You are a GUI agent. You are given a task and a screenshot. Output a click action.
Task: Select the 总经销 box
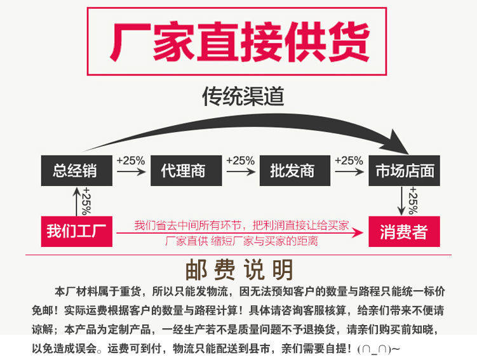[x=75, y=171]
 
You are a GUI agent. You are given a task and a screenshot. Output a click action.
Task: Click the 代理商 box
[x=185, y=171]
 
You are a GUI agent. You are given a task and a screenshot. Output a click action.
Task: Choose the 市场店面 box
[x=405, y=171]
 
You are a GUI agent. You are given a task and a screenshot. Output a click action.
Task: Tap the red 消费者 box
[x=403, y=232]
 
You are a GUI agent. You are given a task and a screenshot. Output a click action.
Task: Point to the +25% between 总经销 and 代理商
[x=131, y=161]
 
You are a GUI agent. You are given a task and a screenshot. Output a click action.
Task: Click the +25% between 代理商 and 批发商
[x=240, y=161]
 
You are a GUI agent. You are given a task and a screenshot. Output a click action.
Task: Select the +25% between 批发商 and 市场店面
[x=349, y=161]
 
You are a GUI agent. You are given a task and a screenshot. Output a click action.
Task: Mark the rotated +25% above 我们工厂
[x=86, y=201]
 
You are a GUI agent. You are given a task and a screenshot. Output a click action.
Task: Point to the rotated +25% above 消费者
[x=413, y=201]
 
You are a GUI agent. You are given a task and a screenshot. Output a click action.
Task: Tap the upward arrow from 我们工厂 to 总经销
[x=76, y=202]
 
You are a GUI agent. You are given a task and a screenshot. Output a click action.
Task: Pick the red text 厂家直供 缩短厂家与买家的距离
[x=241, y=241]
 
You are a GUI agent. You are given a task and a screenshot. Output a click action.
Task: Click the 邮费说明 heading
[x=239, y=270]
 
